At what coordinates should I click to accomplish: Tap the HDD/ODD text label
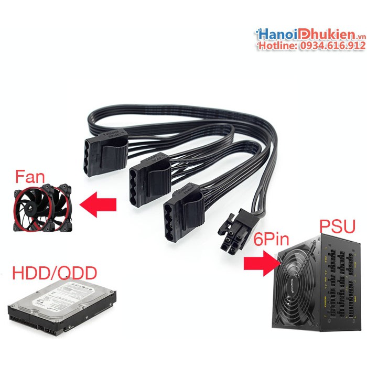(x=54, y=273)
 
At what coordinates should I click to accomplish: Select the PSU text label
(x=337, y=228)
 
